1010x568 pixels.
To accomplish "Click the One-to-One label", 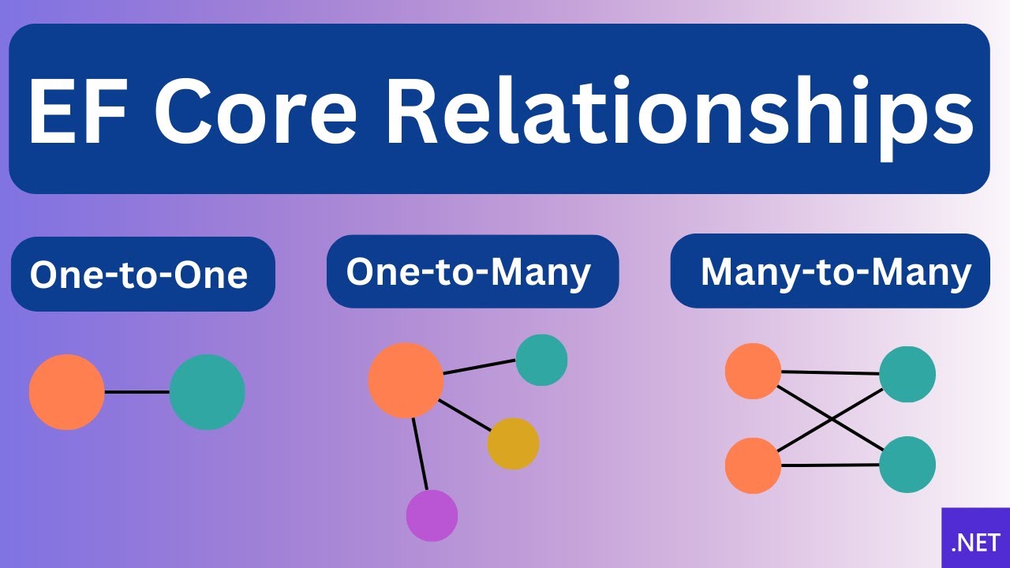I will tap(139, 275).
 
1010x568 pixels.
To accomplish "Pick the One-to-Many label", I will tap(469, 272).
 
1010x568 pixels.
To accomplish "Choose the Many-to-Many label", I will tap(835, 272).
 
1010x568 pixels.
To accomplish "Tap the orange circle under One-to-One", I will tap(67, 392).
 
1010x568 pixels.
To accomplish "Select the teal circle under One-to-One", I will tap(207, 392).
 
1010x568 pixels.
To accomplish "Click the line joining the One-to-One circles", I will tap(137, 392).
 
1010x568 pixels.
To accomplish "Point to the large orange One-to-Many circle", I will tap(406, 380).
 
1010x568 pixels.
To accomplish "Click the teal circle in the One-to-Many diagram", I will tap(541, 360).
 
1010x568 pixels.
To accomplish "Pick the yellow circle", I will tap(513, 443).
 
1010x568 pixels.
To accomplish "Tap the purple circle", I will tap(432, 515).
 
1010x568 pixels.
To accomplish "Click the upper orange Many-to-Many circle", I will tap(753, 371).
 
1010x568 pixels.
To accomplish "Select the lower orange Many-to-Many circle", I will tap(753, 465).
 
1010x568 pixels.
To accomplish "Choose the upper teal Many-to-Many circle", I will tap(907, 374).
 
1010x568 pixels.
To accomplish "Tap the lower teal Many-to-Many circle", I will tap(907, 465).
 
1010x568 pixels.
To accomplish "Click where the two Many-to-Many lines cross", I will tap(830, 419).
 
